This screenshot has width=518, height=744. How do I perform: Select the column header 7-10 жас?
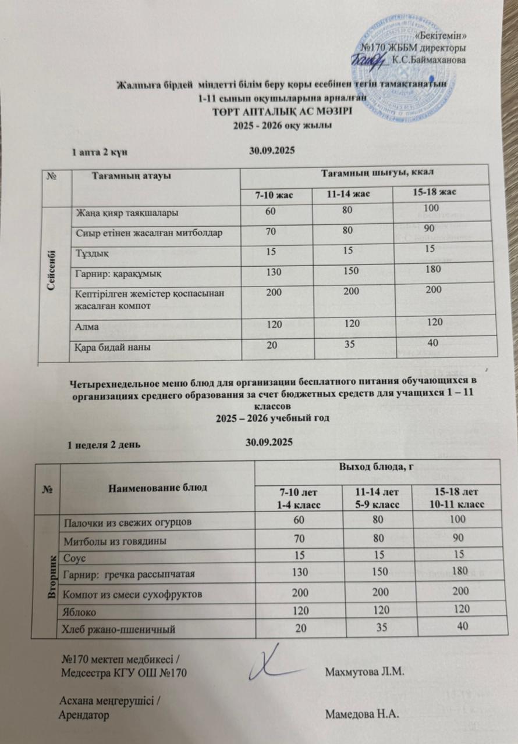(x=275, y=193)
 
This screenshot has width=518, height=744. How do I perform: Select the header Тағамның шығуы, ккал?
(x=377, y=172)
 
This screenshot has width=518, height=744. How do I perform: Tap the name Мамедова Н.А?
(x=362, y=714)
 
